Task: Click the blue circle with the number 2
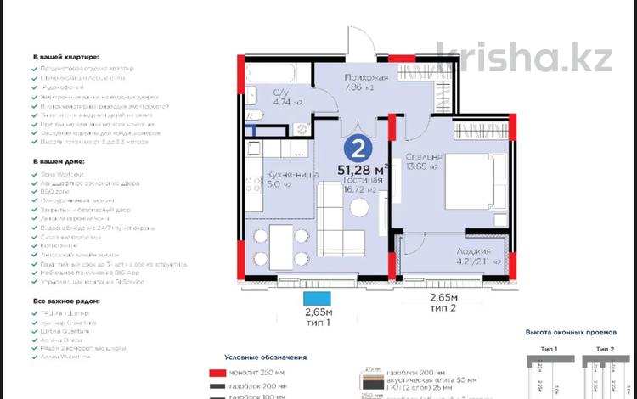[358, 149]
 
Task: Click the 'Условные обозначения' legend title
[265, 357]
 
